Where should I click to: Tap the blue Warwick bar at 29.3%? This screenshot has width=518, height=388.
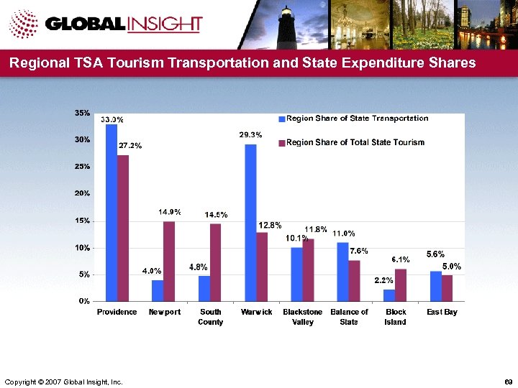250,222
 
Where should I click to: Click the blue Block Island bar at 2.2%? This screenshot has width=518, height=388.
389,295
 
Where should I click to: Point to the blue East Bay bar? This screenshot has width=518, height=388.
435,286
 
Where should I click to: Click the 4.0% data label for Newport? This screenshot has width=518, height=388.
150,271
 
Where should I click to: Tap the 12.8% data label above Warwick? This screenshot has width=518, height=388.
269,225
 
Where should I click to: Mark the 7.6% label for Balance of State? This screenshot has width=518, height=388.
359,251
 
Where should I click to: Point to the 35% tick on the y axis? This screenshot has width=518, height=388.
82,113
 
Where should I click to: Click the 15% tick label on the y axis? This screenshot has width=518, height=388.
82,221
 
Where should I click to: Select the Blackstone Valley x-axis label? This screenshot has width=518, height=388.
302,317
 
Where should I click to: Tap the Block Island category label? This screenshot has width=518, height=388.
395,317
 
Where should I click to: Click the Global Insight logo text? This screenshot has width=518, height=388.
124,24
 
